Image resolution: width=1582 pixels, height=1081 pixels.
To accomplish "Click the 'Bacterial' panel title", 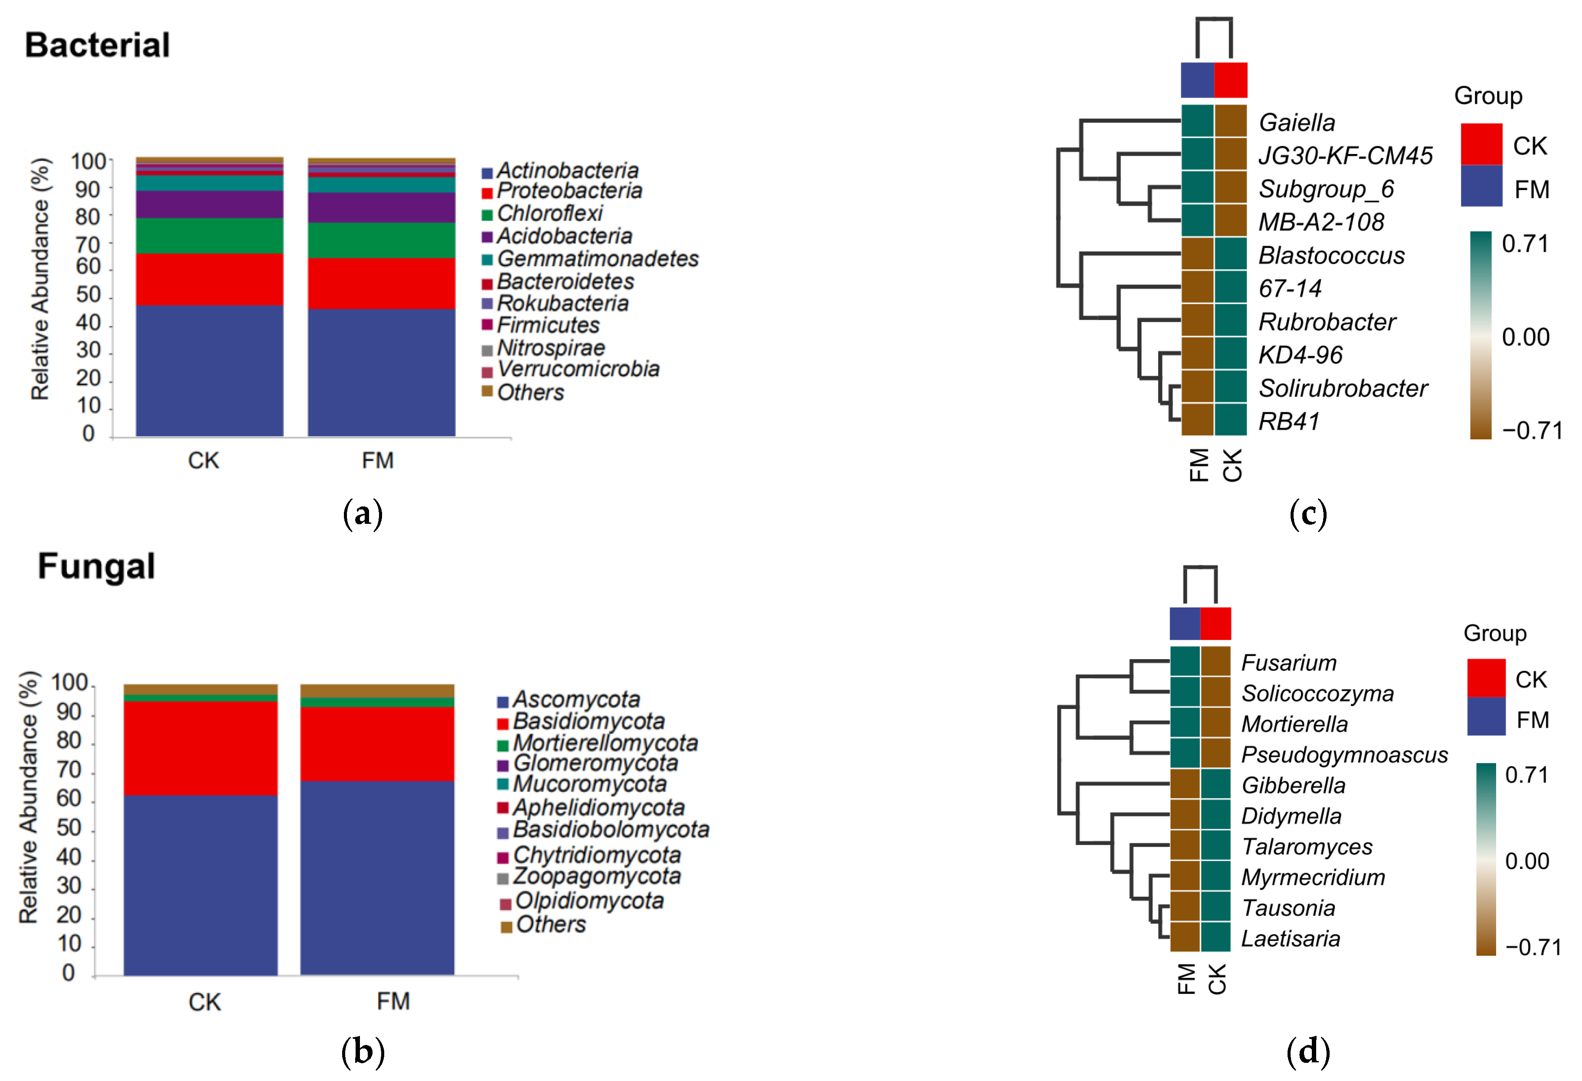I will click(x=97, y=45).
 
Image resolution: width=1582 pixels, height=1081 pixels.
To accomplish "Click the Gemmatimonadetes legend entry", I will click(x=597, y=259).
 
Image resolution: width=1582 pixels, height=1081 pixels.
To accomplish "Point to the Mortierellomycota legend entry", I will click(x=605, y=743).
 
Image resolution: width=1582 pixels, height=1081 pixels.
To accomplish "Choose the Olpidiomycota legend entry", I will click(x=589, y=901).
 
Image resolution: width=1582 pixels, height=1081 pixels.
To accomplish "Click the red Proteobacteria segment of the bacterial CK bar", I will click(x=209, y=279).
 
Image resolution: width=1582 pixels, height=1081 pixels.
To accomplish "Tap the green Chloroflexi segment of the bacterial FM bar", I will click(x=381, y=240).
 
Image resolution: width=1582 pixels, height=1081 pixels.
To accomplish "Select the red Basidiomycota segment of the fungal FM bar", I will click(x=377, y=744).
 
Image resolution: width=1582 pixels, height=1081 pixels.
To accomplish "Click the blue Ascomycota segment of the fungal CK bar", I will click(x=201, y=885).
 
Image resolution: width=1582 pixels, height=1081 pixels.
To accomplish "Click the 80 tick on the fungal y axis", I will click(x=69, y=741).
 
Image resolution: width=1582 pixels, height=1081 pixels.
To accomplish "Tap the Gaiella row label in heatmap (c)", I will click(x=1297, y=123).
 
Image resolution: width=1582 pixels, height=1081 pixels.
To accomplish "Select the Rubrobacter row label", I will click(x=1327, y=321).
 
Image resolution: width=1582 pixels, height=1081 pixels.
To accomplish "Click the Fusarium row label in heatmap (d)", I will click(x=1288, y=663).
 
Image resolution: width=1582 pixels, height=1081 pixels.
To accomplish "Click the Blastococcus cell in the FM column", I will click(x=1197, y=254).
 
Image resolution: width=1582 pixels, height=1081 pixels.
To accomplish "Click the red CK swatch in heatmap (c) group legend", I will click(x=1481, y=144).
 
